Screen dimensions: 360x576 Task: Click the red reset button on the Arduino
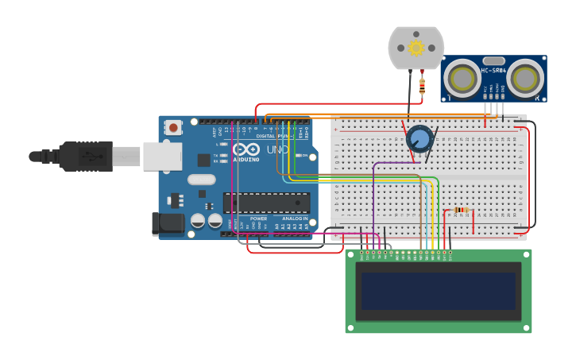[x=173, y=127]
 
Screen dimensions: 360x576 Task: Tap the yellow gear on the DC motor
[x=416, y=48]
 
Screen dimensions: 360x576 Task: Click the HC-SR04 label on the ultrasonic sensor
[x=493, y=71]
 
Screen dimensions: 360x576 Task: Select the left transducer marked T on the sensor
[x=461, y=79]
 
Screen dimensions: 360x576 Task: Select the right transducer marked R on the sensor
[x=525, y=79]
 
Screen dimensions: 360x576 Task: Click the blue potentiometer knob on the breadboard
[x=419, y=139]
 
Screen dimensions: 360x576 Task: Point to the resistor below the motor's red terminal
[x=422, y=86]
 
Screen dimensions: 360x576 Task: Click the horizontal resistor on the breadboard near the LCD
[x=460, y=211]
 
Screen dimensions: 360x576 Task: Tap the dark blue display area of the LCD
[x=439, y=291]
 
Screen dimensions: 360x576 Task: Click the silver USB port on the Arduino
[x=162, y=157]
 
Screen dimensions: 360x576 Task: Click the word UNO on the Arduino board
[x=277, y=149]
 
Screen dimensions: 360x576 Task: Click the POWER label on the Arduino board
[x=258, y=219]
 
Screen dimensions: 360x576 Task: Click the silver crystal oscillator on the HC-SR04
[x=493, y=60]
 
